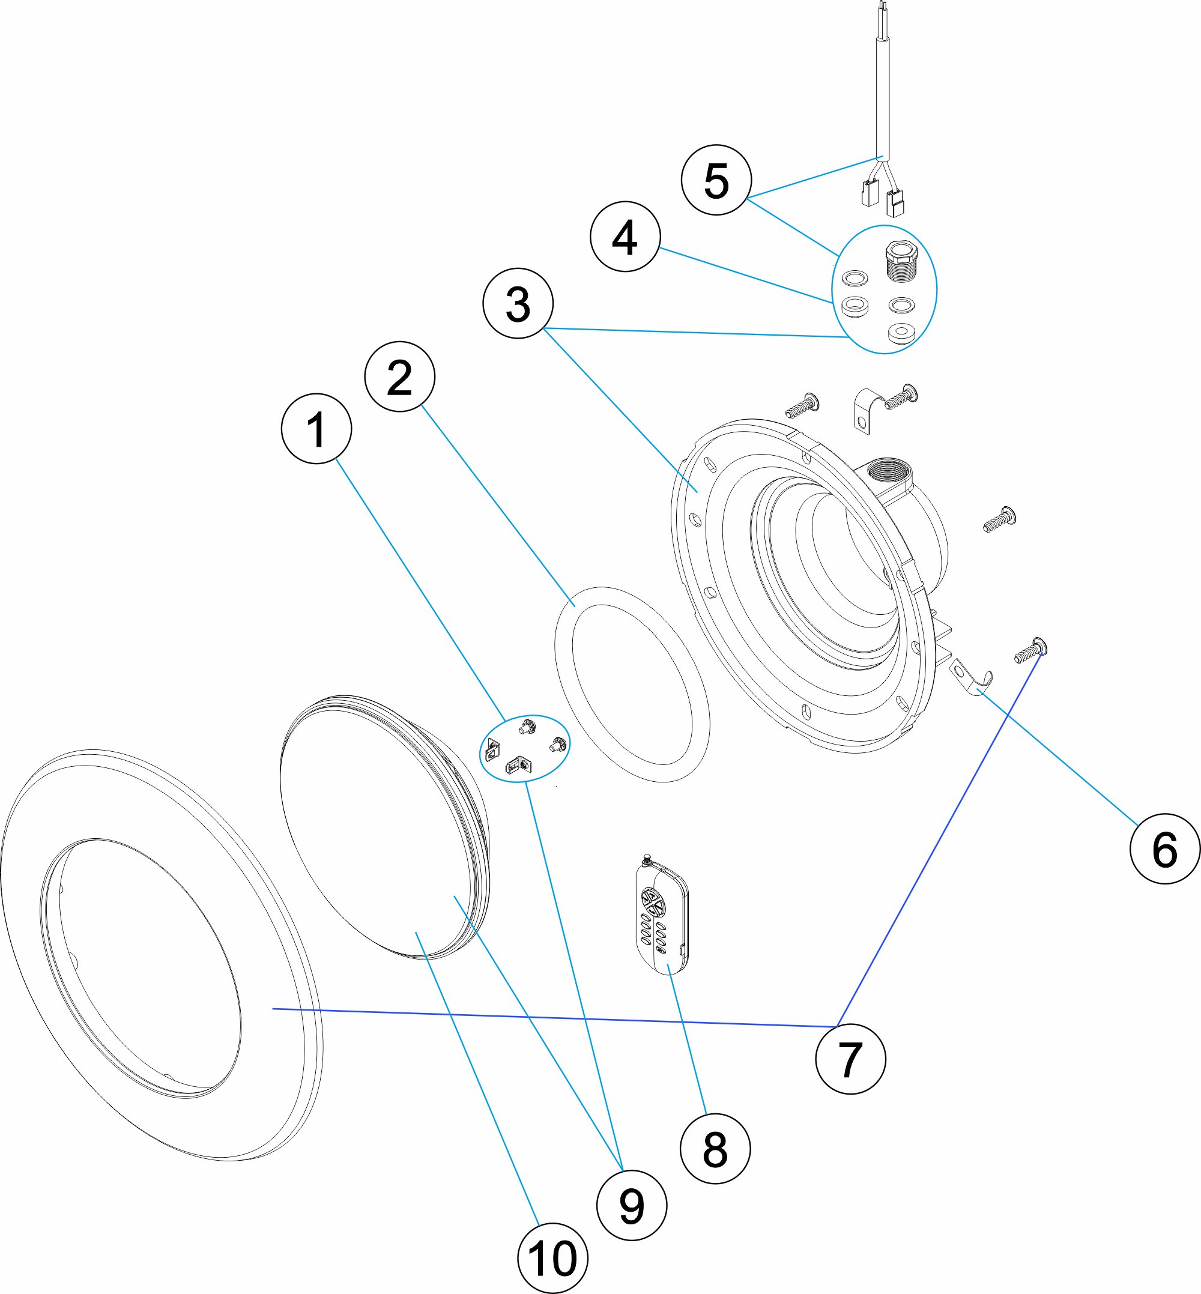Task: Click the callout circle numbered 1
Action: point(316,428)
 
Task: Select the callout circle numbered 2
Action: point(399,376)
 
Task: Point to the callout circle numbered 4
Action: point(625,236)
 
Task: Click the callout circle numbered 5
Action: point(716,180)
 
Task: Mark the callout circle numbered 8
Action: point(714,1149)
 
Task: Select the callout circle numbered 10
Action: point(552,1257)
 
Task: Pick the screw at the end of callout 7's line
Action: point(1032,650)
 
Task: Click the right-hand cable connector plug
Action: point(895,204)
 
